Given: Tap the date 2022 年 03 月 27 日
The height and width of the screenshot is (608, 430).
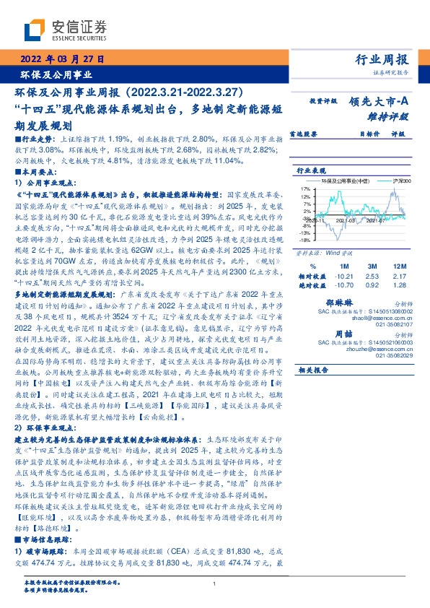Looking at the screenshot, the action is [x=64, y=59].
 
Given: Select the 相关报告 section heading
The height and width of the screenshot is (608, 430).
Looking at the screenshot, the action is [x=313, y=370].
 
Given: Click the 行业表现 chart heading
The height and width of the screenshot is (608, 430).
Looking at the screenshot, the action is [x=310, y=170].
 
